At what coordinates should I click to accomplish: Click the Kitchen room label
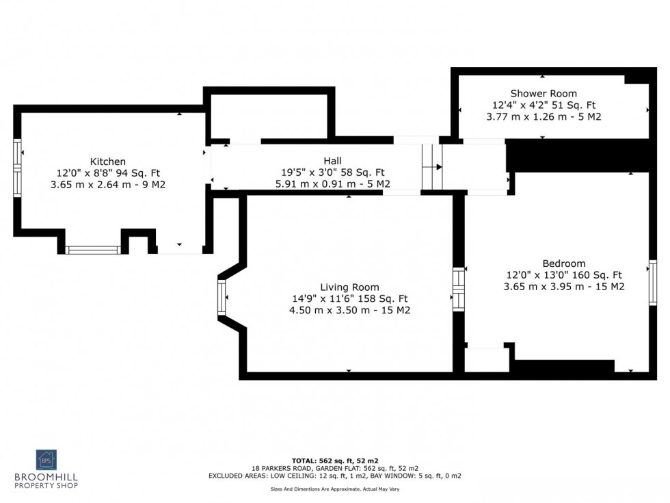tap(108, 162)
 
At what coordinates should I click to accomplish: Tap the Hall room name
tap(333, 161)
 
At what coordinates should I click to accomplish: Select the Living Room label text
tap(349, 287)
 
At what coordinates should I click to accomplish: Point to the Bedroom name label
tap(563, 263)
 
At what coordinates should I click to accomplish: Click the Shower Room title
tap(544, 94)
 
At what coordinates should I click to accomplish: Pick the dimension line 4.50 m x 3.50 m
tap(349, 310)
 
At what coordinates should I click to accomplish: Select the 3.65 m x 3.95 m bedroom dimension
tap(563, 287)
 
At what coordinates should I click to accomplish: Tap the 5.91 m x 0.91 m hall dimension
tap(333, 183)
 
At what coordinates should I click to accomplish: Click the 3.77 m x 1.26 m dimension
tap(544, 117)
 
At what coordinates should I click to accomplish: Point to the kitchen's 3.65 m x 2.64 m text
tap(108, 185)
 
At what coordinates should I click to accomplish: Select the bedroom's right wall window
tap(652, 282)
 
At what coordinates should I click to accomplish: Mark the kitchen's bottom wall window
tap(93, 250)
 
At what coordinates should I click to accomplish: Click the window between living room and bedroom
tap(458, 289)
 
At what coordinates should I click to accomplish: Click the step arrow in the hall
tap(438, 166)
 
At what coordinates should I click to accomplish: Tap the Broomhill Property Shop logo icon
tap(46, 460)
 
